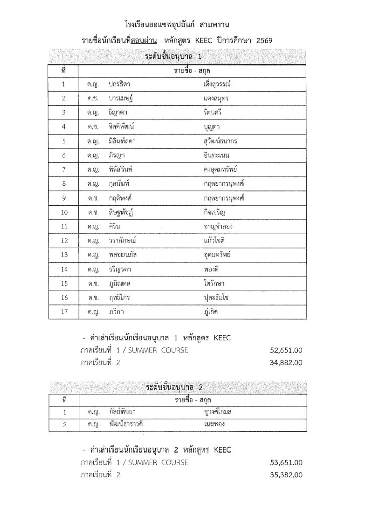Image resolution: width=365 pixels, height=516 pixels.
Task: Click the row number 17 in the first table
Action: point(64,312)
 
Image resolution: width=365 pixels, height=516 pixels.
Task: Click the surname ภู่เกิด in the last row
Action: point(209,312)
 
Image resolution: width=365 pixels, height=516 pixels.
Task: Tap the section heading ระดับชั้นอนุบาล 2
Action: point(177,388)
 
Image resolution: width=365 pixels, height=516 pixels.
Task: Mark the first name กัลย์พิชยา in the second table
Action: point(121,412)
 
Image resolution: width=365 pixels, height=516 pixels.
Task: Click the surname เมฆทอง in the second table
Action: point(211,424)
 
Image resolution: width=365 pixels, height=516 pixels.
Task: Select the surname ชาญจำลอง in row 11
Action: point(216,227)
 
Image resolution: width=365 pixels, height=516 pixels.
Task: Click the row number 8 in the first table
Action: point(64,184)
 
